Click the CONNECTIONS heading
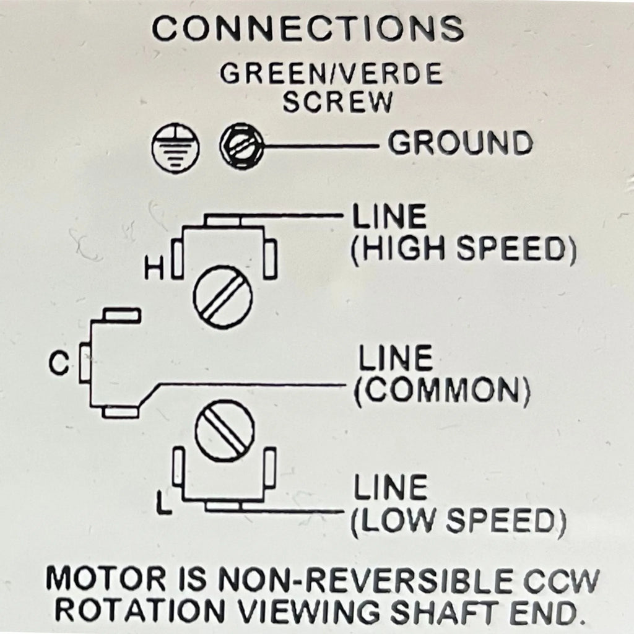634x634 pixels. click(x=308, y=28)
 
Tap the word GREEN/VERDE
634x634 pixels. click(x=331, y=74)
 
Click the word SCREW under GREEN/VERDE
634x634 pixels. click(x=337, y=102)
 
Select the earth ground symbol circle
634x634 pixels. click(x=175, y=147)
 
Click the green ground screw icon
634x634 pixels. click(x=242, y=147)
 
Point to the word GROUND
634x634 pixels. click(x=460, y=144)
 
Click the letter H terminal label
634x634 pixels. click(x=152, y=269)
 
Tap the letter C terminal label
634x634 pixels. click(x=59, y=364)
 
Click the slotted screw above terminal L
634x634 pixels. click(x=224, y=431)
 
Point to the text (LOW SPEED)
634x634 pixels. click(x=459, y=522)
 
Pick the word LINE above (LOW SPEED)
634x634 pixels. click(x=390, y=489)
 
